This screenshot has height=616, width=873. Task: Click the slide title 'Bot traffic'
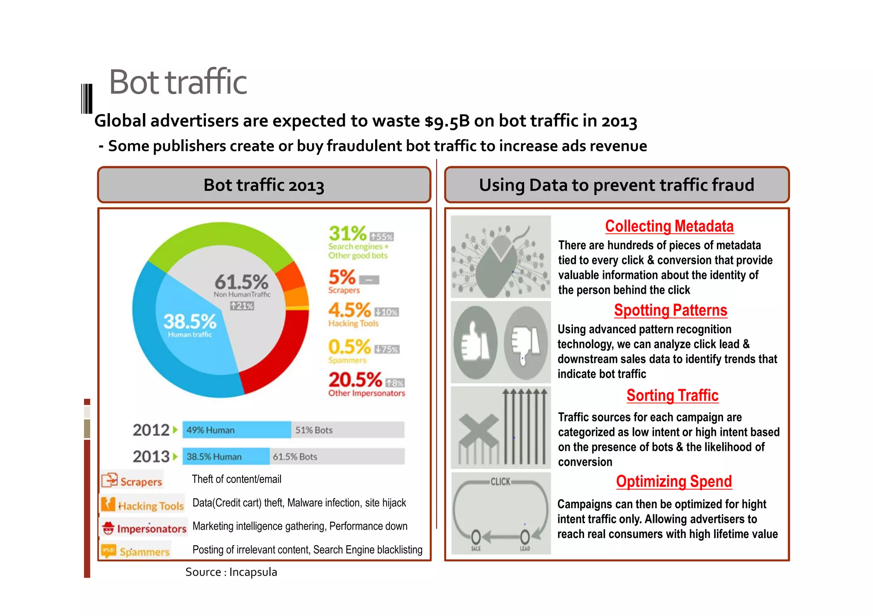(x=178, y=82)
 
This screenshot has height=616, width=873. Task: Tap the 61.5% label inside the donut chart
(x=241, y=282)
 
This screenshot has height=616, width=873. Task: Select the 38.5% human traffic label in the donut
(x=190, y=321)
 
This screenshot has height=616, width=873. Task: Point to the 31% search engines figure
(x=347, y=233)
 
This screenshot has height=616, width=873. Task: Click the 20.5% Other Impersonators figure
(x=355, y=379)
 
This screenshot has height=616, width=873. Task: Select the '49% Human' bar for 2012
(x=237, y=430)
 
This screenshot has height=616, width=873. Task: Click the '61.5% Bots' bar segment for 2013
(x=337, y=456)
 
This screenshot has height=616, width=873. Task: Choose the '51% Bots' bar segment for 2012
(x=347, y=430)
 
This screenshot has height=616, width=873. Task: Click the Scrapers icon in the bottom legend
(x=110, y=480)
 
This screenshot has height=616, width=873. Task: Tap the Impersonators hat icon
(x=109, y=528)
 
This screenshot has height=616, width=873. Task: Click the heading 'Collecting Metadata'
(x=669, y=226)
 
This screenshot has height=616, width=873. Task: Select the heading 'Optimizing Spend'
(x=674, y=481)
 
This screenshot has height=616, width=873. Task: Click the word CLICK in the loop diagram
(x=500, y=481)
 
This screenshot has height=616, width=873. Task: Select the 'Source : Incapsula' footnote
(x=231, y=572)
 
